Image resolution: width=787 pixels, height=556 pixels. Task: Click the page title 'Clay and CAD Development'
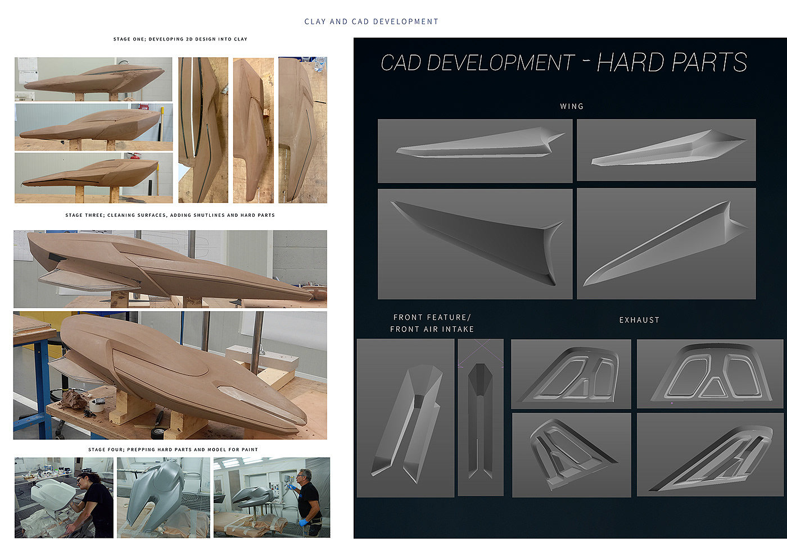pos(372,22)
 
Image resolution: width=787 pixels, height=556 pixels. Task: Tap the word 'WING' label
pos(572,106)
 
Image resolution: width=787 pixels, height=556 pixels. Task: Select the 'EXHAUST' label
pos(639,320)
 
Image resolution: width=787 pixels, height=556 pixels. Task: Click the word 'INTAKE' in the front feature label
pos(458,329)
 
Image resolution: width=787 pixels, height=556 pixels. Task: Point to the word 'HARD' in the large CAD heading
pos(630,62)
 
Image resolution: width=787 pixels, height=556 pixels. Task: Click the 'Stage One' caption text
pos(180,39)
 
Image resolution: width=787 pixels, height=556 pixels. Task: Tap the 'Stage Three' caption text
pos(170,215)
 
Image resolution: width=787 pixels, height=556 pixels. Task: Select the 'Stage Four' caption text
pos(173,450)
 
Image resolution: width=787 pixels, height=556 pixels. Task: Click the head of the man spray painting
pos(304,477)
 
